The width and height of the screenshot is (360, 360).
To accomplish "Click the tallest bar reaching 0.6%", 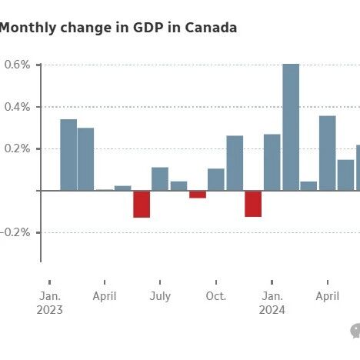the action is pyautogui.click(x=291, y=127).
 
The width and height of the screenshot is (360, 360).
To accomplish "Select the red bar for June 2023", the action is pyautogui.click(x=142, y=204).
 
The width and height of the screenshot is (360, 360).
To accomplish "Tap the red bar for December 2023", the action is pyautogui.click(x=253, y=204).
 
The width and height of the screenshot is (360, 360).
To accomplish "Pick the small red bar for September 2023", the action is pyautogui.click(x=198, y=195).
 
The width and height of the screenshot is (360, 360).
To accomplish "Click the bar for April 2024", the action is pyautogui.click(x=328, y=153).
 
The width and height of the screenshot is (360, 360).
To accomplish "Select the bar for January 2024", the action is pyautogui.click(x=272, y=162).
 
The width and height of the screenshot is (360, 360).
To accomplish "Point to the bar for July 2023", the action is pyautogui.click(x=160, y=179).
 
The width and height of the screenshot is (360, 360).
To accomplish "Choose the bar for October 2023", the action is pyautogui.click(x=216, y=179).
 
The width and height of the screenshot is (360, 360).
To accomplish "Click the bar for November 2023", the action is pyautogui.click(x=235, y=163).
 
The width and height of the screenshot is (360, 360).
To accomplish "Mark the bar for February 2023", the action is pyautogui.click(x=68, y=155).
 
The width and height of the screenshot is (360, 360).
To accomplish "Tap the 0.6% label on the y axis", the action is pyautogui.click(x=17, y=65).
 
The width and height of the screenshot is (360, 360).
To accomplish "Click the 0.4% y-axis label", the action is pyautogui.click(x=17, y=107).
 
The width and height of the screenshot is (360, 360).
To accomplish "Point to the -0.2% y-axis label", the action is pyautogui.click(x=15, y=232).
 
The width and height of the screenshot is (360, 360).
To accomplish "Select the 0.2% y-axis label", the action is pyautogui.click(x=17, y=148).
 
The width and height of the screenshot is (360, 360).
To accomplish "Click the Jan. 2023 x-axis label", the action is pyautogui.click(x=50, y=303).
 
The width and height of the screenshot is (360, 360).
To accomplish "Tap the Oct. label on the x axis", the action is pyautogui.click(x=216, y=296).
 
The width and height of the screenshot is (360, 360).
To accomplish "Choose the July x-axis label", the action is pyautogui.click(x=160, y=297).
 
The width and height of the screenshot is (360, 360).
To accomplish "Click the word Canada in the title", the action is pyautogui.click(x=211, y=28).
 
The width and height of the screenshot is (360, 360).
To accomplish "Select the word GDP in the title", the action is pyautogui.click(x=148, y=28).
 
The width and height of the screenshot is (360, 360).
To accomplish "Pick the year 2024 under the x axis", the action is pyautogui.click(x=272, y=310).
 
